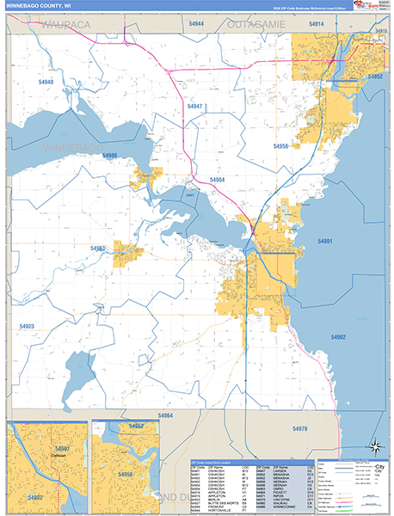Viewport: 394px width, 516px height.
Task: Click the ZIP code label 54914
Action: (316, 24)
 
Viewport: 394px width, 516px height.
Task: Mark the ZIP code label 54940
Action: (46, 83)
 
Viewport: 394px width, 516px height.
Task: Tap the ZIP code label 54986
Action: (108, 156)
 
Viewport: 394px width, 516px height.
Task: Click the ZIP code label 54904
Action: (217, 180)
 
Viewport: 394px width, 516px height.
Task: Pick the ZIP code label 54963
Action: (97, 249)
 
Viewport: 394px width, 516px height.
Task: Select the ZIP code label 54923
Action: (27, 327)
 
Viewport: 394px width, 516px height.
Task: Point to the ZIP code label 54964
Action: (165, 415)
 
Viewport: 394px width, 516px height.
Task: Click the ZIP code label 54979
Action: (299, 428)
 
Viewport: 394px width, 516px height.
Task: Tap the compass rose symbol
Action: (374, 446)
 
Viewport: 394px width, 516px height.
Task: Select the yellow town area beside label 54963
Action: (128, 255)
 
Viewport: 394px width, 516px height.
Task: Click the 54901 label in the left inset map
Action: (61, 449)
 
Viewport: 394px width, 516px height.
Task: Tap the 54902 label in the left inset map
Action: (34, 498)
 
